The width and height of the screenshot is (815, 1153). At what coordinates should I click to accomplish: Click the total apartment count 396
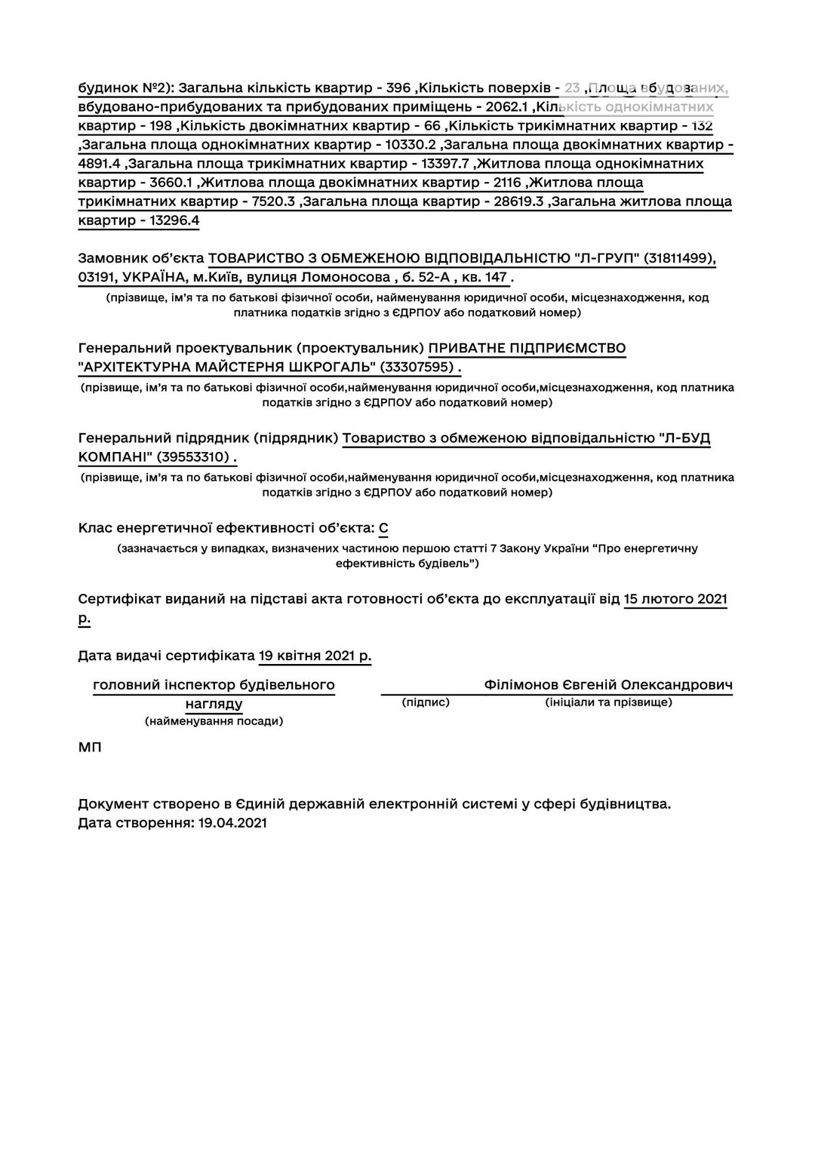398,88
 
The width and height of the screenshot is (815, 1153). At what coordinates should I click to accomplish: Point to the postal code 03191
96,278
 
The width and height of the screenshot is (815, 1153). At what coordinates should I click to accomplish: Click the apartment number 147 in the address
496,278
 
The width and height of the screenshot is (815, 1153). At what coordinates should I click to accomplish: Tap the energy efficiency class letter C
383,528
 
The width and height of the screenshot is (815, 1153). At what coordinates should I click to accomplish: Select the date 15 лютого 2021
675,599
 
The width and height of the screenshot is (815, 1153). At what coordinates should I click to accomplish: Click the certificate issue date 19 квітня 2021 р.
315,656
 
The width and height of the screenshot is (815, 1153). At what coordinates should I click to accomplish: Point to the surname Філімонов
521,685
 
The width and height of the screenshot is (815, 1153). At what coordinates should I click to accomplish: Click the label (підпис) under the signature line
426,703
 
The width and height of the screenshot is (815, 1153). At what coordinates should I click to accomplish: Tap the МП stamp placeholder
89,748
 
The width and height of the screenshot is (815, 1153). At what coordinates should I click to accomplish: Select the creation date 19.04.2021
232,822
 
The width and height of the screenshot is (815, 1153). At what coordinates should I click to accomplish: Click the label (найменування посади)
214,721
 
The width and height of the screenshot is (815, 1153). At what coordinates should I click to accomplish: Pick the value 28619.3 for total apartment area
518,201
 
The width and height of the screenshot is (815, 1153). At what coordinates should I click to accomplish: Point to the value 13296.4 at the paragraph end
174,220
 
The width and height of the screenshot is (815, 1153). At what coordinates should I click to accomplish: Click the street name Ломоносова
350,278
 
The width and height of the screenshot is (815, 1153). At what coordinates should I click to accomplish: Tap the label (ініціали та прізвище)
608,703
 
